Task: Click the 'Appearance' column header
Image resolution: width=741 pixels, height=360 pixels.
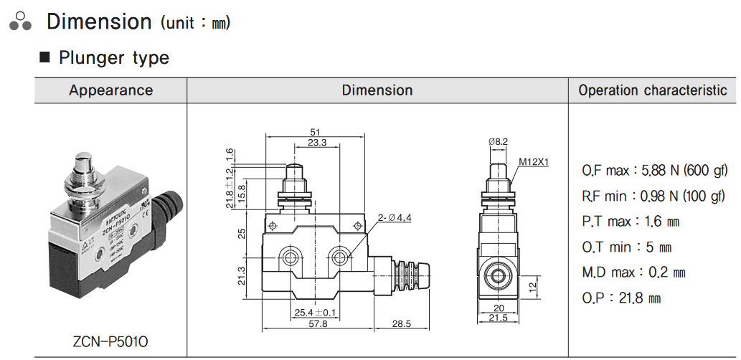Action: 110,90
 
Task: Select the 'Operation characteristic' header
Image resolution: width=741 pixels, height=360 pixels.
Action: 652,90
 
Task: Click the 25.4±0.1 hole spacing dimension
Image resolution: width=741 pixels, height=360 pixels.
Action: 316,313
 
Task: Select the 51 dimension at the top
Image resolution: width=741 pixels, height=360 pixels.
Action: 314,132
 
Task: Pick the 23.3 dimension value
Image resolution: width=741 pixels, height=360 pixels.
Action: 316,143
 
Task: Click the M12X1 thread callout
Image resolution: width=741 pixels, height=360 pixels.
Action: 534,162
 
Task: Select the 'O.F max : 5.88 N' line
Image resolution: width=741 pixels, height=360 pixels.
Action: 654,171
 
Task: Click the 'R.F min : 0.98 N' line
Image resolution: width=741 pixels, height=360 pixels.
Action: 654,196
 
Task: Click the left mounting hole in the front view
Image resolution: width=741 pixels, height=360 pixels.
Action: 291,257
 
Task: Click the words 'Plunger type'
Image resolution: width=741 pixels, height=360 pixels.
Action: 114,57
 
